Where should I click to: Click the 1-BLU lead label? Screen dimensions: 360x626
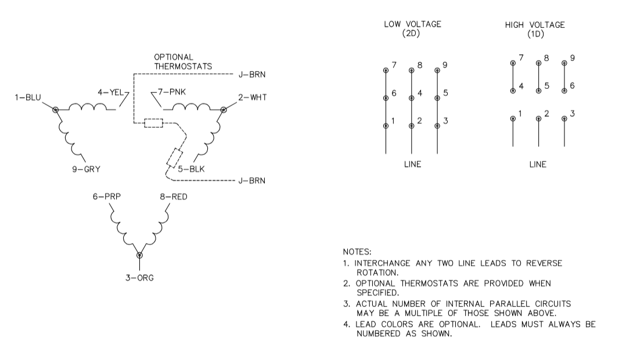pyautogui.click(x=28, y=98)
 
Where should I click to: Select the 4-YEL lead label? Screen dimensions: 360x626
pyautogui.click(x=110, y=91)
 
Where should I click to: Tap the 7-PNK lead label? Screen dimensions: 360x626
pyautogui.click(x=169, y=91)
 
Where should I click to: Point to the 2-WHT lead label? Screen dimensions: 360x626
pyautogui.click(x=253, y=98)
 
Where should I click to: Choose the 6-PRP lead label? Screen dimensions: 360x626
pyautogui.click(x=106, y=197)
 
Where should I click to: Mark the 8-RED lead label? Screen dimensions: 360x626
pyautogui.click(x=174, y=197)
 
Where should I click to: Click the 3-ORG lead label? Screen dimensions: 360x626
pyautogui.click(x=140, y=278)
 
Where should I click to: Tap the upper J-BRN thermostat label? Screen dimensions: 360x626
pyautogui.click(x=252, y=75)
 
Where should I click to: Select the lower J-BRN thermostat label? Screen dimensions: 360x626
pyautogui.click(x=252, y=181)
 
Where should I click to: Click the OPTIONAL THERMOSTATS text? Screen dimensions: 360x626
pyautogui.click(x=182, y=62)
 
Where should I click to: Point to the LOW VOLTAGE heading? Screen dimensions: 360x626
pyautogui.click(x=412, y=29)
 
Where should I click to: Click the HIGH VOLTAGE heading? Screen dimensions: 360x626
pyautogui.click(x=535, y=29)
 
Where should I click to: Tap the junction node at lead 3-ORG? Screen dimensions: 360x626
pyautogui.click(x=139, y=255)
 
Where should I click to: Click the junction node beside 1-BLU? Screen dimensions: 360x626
pyautogui.click(x=56, y=109)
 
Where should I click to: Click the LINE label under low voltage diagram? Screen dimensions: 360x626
pyautogui.click(x=412, y=164)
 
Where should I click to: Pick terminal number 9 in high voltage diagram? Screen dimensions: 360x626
pyautogui.click(x=573, y=59)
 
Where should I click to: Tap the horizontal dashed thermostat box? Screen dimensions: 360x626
pyautogui.click(x=153, y=123)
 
